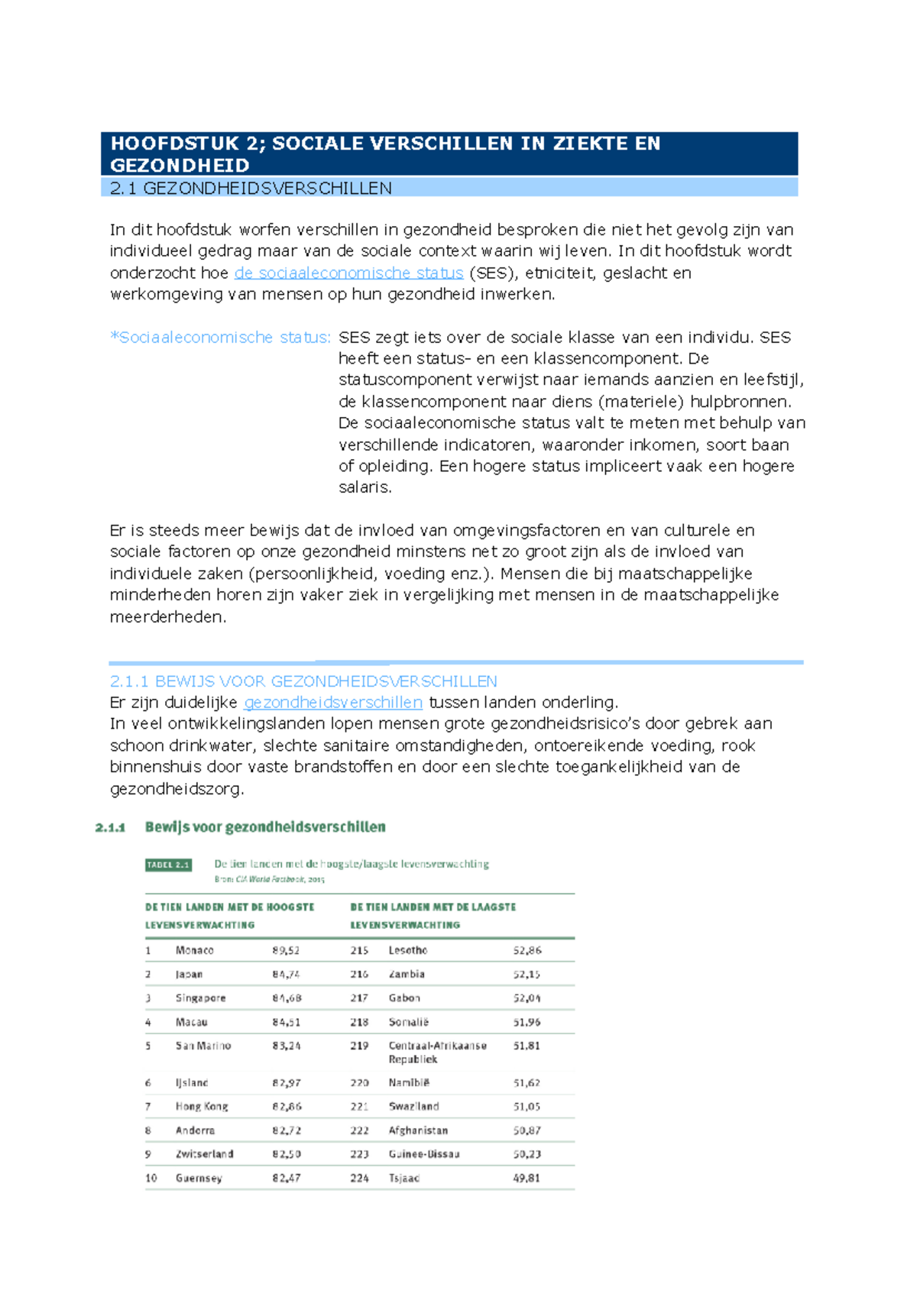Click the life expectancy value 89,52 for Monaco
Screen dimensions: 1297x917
point(286,950)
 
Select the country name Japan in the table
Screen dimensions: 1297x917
point(189,974)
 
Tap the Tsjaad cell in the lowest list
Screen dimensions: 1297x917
point(403,1178)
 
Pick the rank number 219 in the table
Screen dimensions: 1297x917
point(359,1046)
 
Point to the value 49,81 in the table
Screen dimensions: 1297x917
point(527,1178)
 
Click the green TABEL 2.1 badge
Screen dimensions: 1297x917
point(168,865)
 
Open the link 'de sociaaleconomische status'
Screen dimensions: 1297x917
point(348,273)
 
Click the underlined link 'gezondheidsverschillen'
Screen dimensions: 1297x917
point(332,702)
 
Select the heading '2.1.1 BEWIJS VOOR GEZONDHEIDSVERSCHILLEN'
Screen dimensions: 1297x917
point(303,681)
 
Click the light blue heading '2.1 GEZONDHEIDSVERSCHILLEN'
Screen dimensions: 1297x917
point(251,188)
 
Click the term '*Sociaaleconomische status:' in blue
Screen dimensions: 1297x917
point(220,337)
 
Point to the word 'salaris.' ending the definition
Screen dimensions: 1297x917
point(365,487)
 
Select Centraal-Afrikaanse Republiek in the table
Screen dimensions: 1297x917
point(437,1052)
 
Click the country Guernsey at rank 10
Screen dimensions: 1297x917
point(199,1178)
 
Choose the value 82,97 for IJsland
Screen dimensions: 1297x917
point(286,1082)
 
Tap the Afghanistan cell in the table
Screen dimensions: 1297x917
point(418,1130)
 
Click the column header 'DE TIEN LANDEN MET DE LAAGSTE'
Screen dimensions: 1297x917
point(433,907)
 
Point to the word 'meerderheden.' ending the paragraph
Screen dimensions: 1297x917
point(168,616)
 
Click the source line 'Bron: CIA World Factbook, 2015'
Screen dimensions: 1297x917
point(269,879)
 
